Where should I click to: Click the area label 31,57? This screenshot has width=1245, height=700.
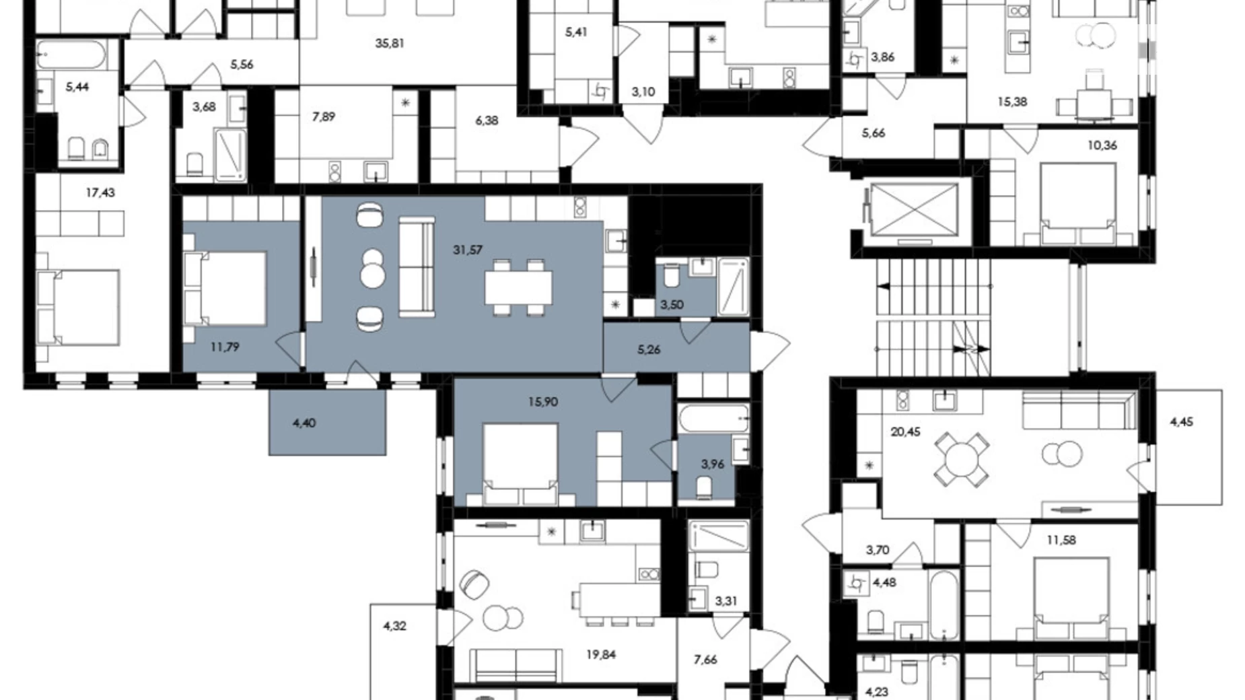point(468,250)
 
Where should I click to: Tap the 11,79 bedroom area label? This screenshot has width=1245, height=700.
point(224,347)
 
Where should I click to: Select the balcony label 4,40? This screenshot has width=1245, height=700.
point(304,423)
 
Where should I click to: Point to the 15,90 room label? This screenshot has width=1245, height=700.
point(543,402)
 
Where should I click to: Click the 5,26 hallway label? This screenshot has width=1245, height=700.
point(649,349)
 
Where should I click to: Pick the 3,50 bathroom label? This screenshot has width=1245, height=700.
point(672,304)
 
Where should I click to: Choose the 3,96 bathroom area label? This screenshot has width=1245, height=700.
point(713,464)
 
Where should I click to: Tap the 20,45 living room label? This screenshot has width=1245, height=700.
point(905,431)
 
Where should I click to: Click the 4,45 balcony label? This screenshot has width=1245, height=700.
point(1182,422)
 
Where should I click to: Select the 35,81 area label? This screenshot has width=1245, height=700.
point(390,43)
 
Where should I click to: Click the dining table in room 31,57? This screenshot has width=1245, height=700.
point(518,287)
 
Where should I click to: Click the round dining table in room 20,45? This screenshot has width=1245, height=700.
point(962,460)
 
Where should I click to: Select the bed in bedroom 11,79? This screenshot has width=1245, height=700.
point(225,288)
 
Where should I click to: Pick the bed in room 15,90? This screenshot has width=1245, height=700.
point(520,464)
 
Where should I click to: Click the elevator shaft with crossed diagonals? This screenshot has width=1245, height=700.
point(914,209)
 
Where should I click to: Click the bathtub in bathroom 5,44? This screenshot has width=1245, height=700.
point(71,54)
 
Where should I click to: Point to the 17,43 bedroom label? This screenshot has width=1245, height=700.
point(100,193)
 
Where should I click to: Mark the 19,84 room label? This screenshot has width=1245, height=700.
point(601,654)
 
